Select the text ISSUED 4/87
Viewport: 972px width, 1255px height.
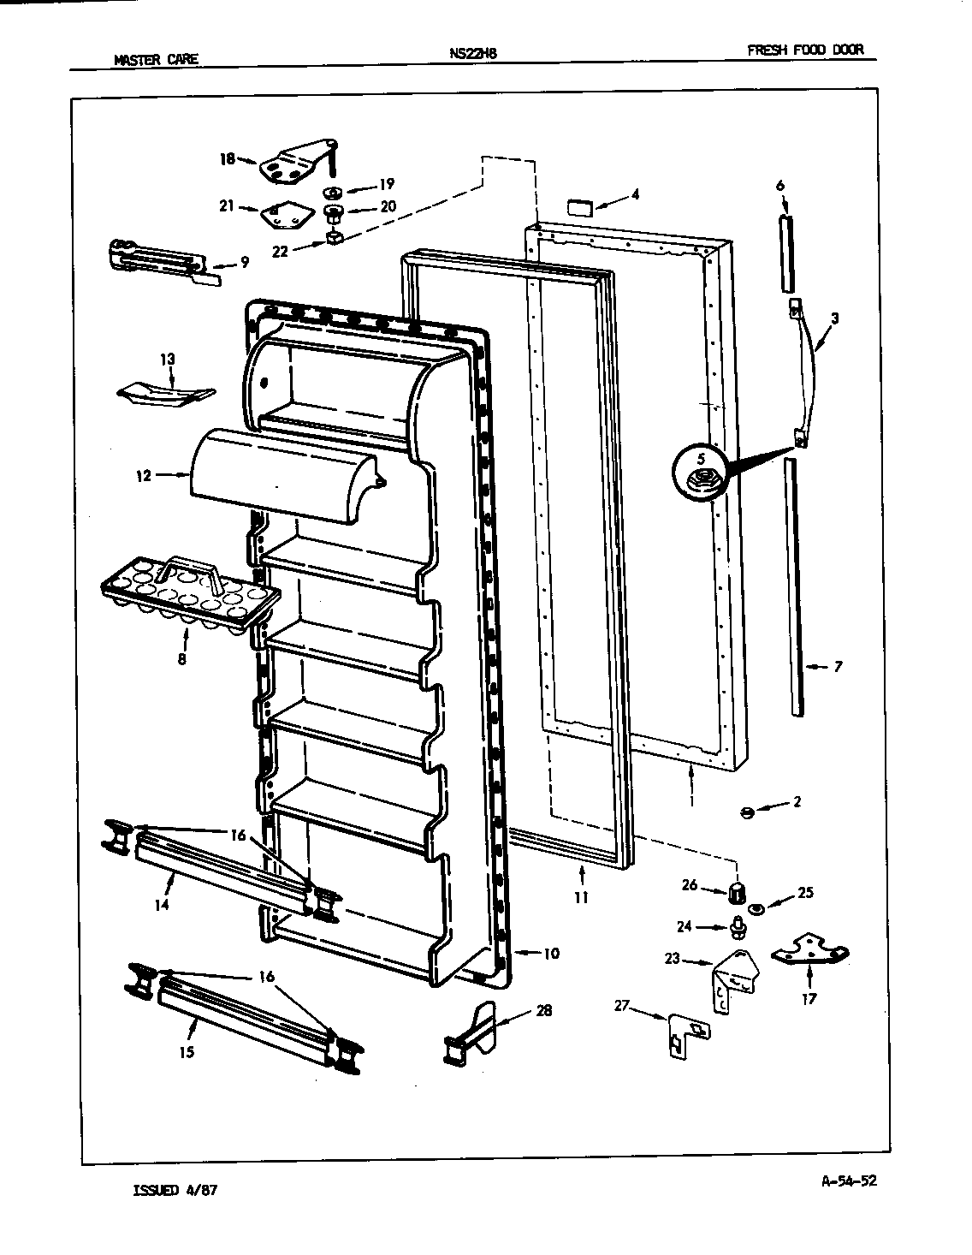point(181,1191)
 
